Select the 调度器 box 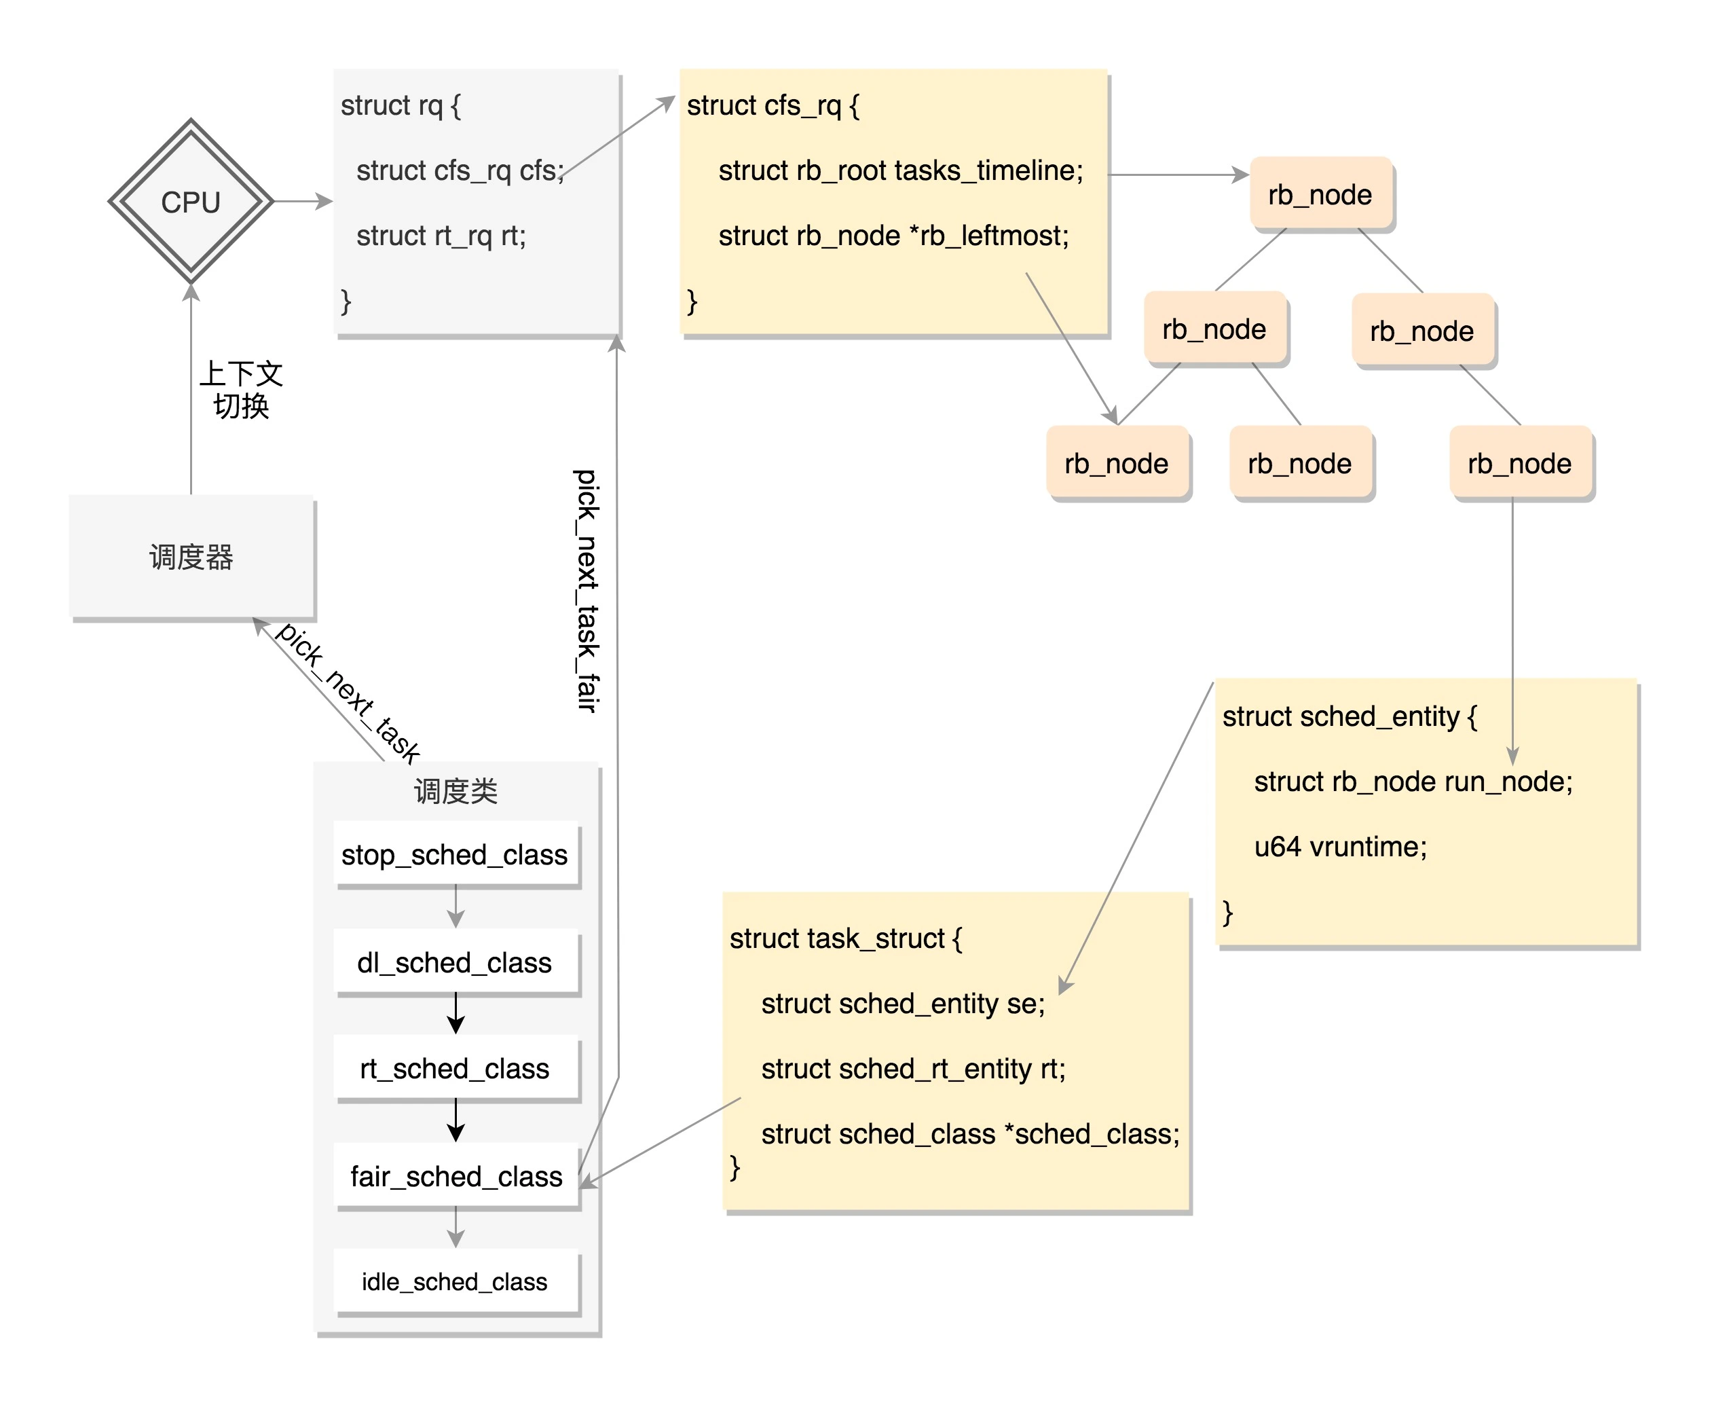[191, 557]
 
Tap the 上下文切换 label [240, 389]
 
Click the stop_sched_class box [456, 854]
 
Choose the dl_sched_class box [456, 962]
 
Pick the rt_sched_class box [456, 1068]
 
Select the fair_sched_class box [456, 1176]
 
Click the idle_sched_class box [456, 1281]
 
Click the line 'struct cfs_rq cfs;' [460, 170]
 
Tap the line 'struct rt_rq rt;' [441, 236]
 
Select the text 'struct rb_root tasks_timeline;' [900, 170]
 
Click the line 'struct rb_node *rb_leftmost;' [893, 236]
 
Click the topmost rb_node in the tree [1320, 194]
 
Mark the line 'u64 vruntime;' [1340, 847]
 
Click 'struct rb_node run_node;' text [1413, 782]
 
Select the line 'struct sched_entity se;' [902, 1004]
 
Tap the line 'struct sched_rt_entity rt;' [913, 1069]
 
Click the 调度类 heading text [456, 791]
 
